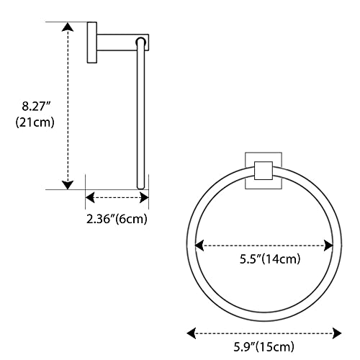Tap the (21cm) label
[35, 122]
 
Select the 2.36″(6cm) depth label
[117, 218]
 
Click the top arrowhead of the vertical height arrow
[68, 27]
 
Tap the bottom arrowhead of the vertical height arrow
[68, 184]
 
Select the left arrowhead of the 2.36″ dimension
[90, 196]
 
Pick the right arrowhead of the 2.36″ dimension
[144, 196]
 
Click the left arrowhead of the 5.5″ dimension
[199, 246]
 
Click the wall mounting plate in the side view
[92, 42]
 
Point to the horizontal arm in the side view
[119, 42]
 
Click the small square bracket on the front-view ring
[264, 171]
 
